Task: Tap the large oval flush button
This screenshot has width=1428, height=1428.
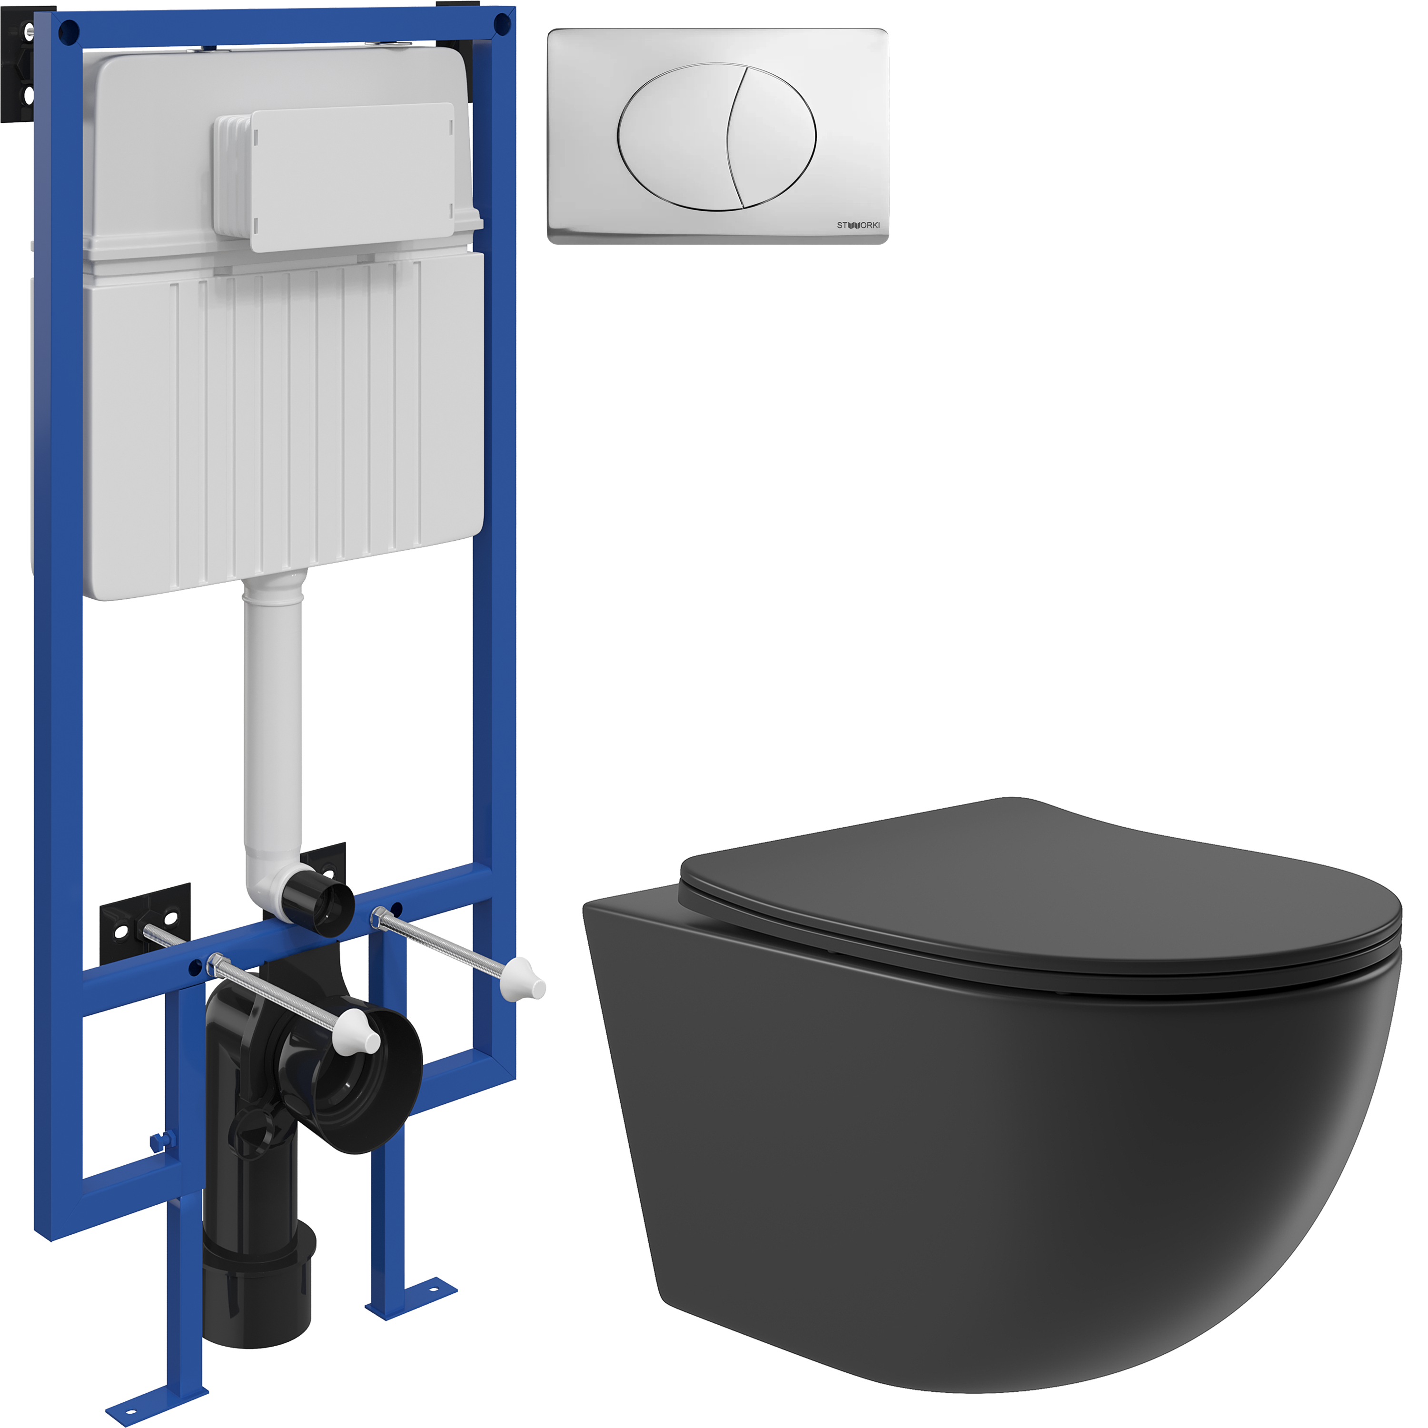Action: pos(717,138)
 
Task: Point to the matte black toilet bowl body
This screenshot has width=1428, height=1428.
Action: pos(991,1168)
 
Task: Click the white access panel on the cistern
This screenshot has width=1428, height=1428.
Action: pos(351,178)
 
